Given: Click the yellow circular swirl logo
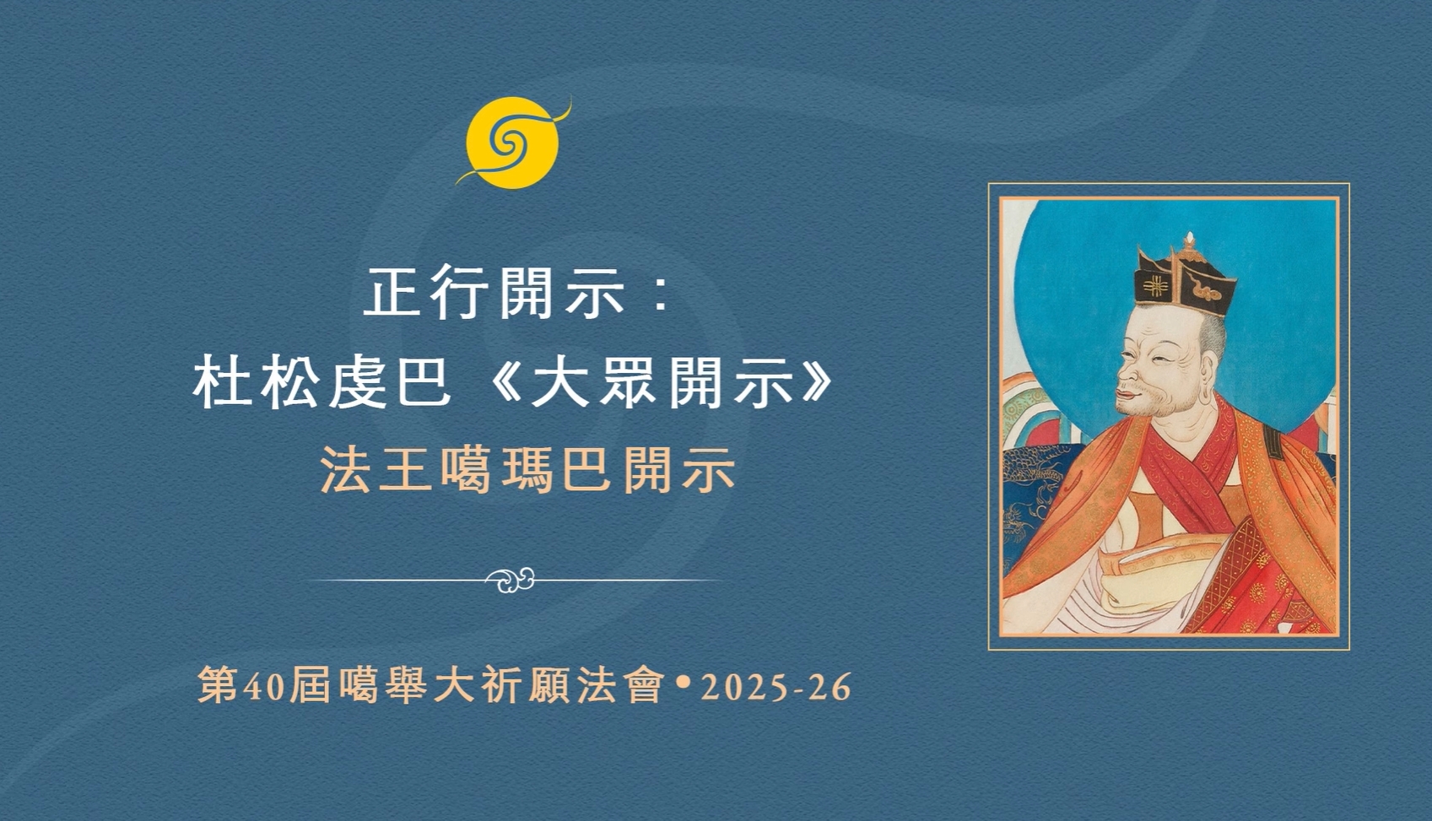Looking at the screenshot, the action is [x=512, y=143].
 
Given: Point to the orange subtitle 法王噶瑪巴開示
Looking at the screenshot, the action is [x=528, y=470].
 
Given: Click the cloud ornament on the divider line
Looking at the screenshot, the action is [x=511, y=580].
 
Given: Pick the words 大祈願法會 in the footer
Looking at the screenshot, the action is [x=547, y=688].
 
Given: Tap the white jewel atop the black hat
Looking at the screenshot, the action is [x=1189, y=240].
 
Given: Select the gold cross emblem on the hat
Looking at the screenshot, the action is [x=1154, y=285].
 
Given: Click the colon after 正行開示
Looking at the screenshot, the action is [x=661, y=294].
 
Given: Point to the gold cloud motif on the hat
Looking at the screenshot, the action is [x=1209, y=291].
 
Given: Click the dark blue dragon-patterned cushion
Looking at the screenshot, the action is [x=1035, y=505].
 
